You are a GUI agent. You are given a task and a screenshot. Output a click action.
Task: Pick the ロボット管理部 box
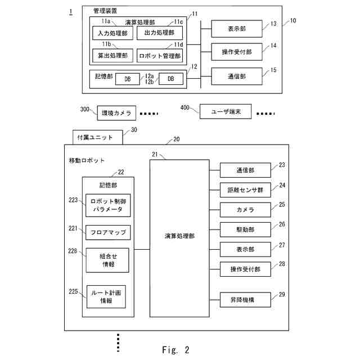(160, 56)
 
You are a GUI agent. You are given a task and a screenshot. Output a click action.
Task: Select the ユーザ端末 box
(223, 111)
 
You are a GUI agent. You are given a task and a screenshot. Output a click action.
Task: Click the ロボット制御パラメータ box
(108, 205)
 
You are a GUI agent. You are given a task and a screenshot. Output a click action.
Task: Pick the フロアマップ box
(108, 232)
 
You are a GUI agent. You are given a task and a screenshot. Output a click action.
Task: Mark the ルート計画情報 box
(106, 296)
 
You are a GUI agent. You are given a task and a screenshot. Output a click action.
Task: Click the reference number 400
(185, 107)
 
